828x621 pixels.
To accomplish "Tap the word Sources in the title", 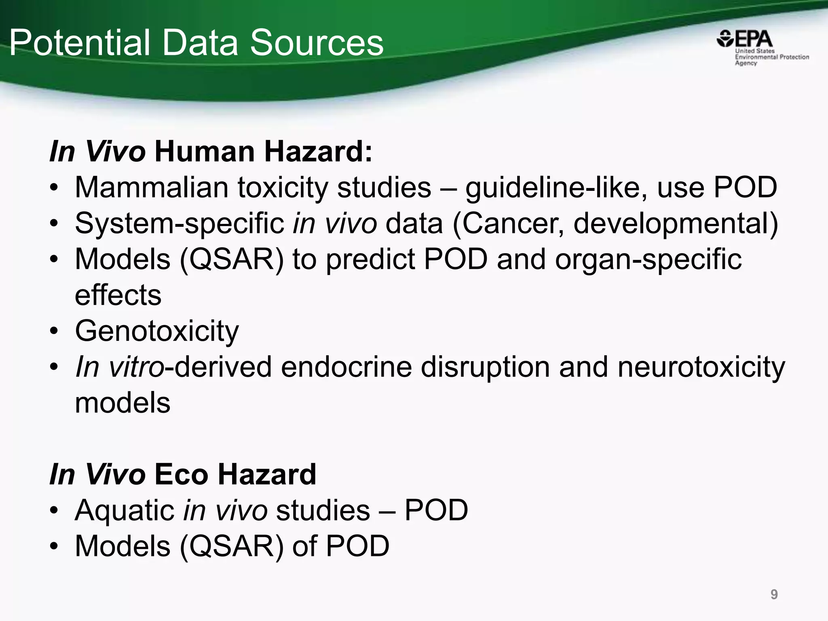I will (x=317, y=43).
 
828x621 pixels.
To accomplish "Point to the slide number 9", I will (x=774, y=594).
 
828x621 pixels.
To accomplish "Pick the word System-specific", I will (x=179, y=224).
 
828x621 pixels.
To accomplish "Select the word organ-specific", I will (x=648, y=260).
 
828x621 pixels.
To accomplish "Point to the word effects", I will (x=118, y=295).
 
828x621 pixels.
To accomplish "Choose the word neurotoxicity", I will (x=701, y=367).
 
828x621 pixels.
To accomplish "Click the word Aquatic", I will (x=125, y=510).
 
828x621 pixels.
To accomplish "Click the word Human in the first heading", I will (x=204, y=152).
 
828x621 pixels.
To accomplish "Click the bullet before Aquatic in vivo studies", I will (x=54, y=510).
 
